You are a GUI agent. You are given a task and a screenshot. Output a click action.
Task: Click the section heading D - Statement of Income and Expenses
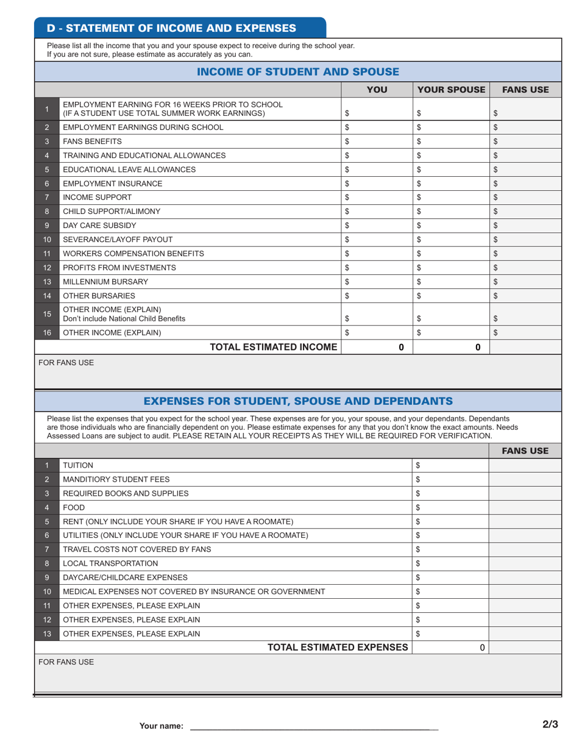click(x=171, y=28)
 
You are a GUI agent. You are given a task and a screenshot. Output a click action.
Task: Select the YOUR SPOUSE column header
click(x=451, y=90)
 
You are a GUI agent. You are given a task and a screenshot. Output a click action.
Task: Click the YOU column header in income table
click(x=376, y=90)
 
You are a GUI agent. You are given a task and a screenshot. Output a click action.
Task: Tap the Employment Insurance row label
click(x=113, y=184)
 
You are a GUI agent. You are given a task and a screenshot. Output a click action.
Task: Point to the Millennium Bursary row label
click(x=105, y=282)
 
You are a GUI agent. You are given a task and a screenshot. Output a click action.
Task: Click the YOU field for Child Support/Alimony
click(x=376, y=212)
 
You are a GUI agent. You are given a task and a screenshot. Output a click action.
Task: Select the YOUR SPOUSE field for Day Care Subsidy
click(x=451, y=226)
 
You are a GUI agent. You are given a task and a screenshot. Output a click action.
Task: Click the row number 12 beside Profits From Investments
click(x=47, y=268)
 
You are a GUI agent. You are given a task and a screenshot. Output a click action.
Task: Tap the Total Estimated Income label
click(x=273, y=347)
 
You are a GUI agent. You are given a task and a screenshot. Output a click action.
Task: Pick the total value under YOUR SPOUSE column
click(x=451, y=347)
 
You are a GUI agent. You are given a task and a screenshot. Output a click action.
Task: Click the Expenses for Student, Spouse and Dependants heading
click(x=298, y=401)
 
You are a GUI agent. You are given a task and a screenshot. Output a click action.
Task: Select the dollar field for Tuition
click(x=450, y=465)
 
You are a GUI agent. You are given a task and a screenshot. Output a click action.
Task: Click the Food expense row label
click(x=74, y=507)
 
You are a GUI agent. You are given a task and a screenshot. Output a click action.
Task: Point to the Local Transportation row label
click(x=110, y=563)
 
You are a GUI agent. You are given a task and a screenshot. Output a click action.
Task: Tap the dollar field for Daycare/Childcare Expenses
click(x=450, y=577)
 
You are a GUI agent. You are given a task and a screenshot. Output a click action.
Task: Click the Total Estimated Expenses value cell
click(x=450, y=648)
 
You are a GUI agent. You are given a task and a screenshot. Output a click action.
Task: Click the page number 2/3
click(x=550, y=724)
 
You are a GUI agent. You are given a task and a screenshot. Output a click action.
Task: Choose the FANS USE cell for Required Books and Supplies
click(x=525, y=493)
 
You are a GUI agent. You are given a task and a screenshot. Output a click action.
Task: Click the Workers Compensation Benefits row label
click(x=133, y=254)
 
